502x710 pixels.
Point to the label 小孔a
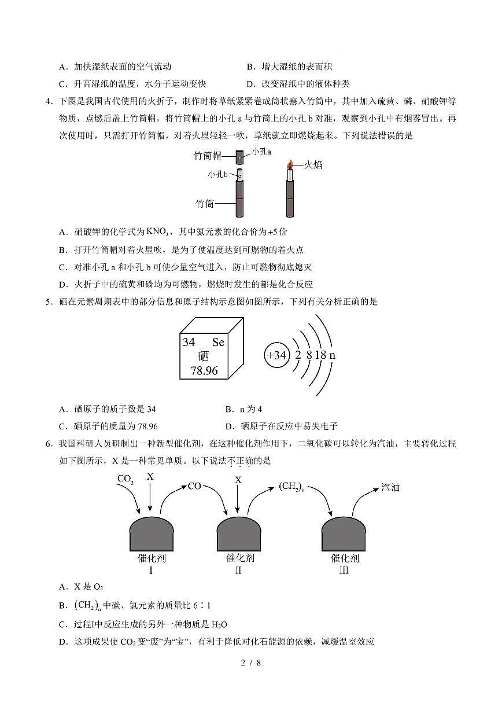[261, 152]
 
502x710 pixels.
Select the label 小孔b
[218, 174]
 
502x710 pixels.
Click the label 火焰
[313, 165]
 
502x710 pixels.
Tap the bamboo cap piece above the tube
[239, 157]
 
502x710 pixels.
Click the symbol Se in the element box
[218, 342]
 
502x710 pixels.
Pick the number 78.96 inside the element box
[204, 370]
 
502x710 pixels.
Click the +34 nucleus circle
[276, 355]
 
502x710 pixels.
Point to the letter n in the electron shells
[332, 355]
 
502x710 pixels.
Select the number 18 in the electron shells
[320, 355]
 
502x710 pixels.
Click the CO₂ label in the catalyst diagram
[125, 479]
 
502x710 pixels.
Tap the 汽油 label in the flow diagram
[390, 487]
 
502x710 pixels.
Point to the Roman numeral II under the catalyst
[238, 571]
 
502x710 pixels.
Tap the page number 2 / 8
[251, 663]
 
